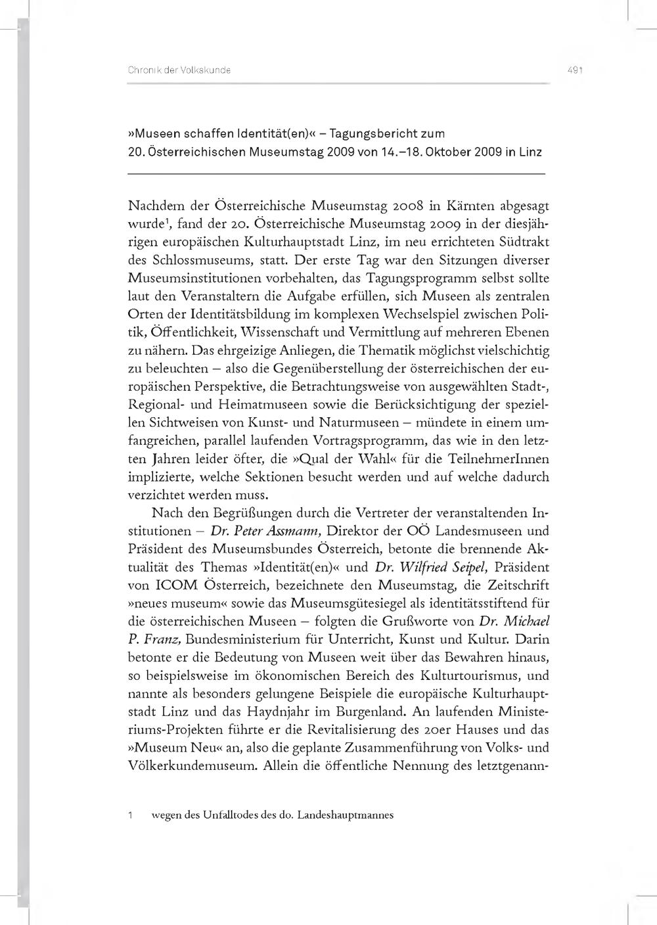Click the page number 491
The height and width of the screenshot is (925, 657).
pyautogui.click(x=575, y=70)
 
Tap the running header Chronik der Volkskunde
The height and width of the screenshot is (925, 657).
pyautogui.click(x=179, y=70)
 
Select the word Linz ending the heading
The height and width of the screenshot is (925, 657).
pyautogui.click(x=530, y=152)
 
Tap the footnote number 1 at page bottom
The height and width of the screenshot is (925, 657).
pyautogui.click(x=131, y=816)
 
